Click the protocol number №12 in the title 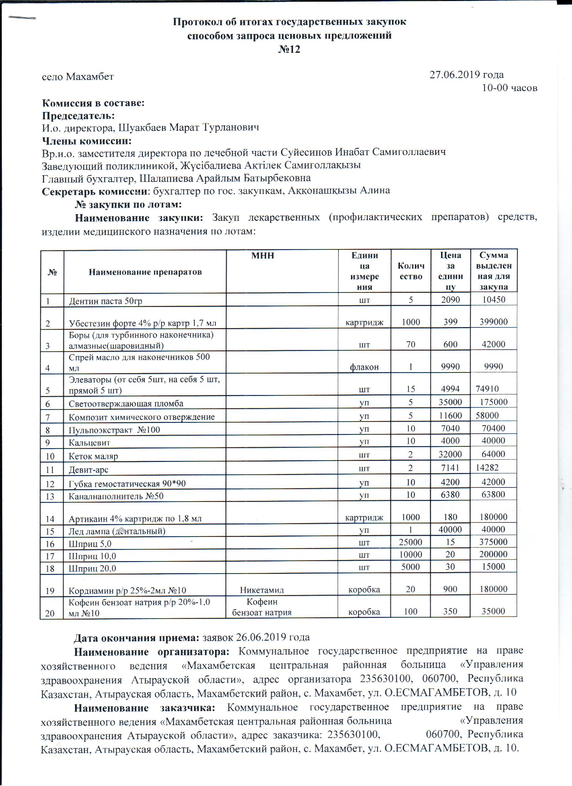coord(289,49)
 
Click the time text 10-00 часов coord(509,88)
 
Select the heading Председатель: coord(78,115)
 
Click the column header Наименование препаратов coord(145,272)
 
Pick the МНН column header coord(262,256)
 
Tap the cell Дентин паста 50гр coord(105,301)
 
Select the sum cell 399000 coord(493,322)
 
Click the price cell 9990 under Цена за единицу coord(450,367)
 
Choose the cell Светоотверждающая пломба coord(126,404)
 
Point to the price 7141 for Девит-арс coord(450,468)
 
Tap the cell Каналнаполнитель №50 coord(116,496)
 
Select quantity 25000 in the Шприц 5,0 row coord(410,542)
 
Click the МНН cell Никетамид coord(262,590)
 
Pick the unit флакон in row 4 coord(364,367)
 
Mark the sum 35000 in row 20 coord(493,611)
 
